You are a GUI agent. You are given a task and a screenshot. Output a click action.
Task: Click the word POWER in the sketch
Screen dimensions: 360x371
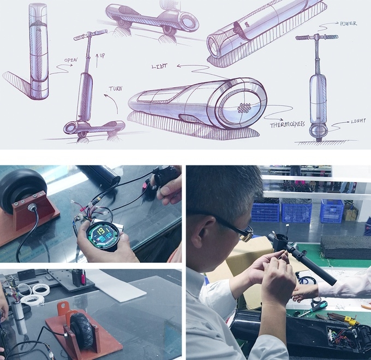pos(348,23)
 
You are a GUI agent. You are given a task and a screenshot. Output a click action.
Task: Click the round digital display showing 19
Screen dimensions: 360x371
pos(103,234)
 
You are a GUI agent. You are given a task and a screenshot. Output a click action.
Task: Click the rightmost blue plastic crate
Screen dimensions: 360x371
pos(332,211)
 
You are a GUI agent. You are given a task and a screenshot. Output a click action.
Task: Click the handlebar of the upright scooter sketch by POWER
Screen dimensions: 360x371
pos(316,38)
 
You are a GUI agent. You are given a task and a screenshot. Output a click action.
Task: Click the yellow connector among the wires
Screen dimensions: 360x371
pos(352,322)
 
